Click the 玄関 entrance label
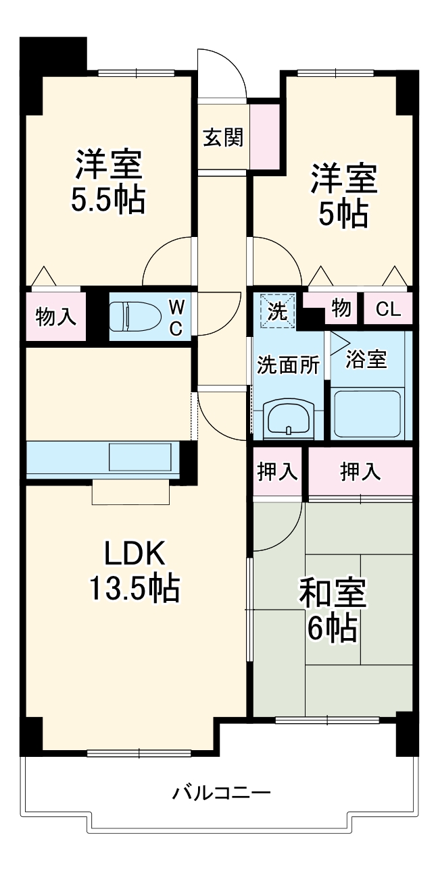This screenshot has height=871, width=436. tap(223, 138)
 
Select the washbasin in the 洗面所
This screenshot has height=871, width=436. tap(289, 419)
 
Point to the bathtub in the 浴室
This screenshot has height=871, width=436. tap(369, 413)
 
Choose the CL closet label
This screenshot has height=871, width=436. tap(389, 310)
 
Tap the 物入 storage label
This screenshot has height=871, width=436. tap(55, 316)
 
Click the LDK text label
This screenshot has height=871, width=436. tap(133, 554)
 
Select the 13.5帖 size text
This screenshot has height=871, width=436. tap(133, 588)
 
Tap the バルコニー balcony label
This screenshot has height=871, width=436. tap(221, 791)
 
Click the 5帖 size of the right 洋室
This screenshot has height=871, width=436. tap(343, 215)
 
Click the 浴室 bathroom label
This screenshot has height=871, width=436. tap(366, 359)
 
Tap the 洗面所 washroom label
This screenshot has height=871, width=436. tap(287, 365)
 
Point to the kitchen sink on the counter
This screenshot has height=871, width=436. tap(141, 457)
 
